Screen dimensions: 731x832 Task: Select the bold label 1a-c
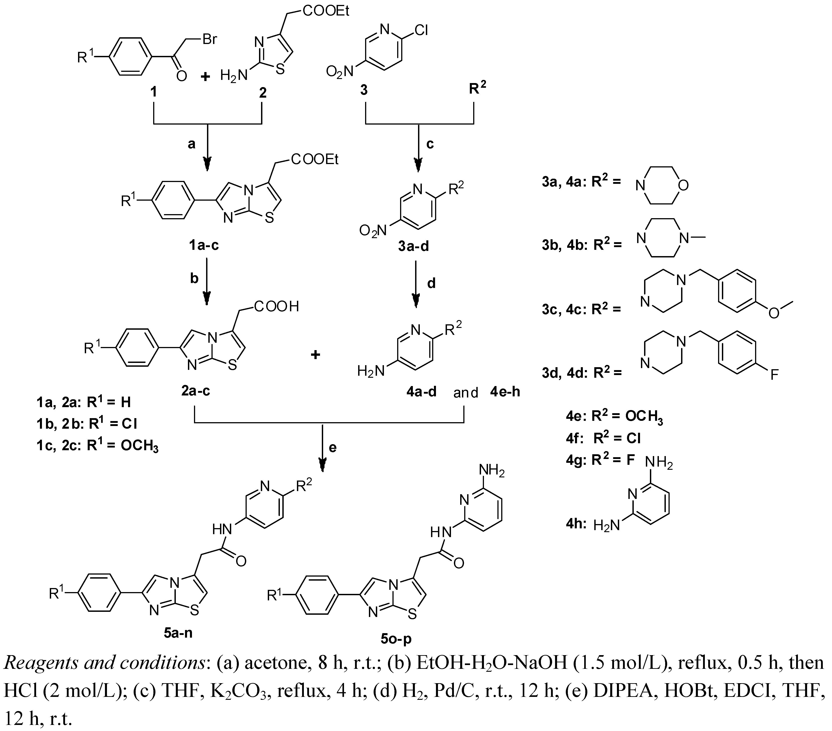204,245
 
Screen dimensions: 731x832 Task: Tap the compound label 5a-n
178,633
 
